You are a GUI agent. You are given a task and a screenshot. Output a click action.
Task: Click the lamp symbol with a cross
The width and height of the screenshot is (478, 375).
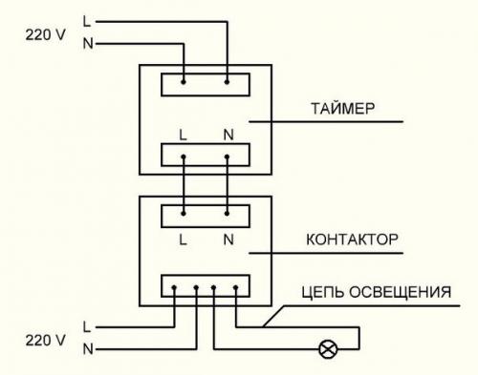point(327,349)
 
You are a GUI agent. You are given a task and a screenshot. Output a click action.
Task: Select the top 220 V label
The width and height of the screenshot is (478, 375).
point(45,33)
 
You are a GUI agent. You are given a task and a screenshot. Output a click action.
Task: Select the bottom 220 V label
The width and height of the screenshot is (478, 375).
point(45,339)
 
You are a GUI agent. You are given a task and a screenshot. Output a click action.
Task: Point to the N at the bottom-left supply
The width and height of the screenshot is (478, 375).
point(88,349)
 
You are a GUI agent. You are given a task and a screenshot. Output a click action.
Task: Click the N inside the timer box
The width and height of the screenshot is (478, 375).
point(228,133)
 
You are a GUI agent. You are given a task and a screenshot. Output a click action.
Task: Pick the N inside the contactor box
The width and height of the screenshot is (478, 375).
point(228,240)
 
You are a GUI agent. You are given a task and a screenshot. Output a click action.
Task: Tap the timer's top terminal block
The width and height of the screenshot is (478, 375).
point(206,84)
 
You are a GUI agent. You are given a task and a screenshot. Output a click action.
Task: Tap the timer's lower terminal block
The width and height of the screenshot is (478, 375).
point(206,154)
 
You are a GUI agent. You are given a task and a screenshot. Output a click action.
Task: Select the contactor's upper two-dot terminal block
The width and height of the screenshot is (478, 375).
point(206,216)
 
